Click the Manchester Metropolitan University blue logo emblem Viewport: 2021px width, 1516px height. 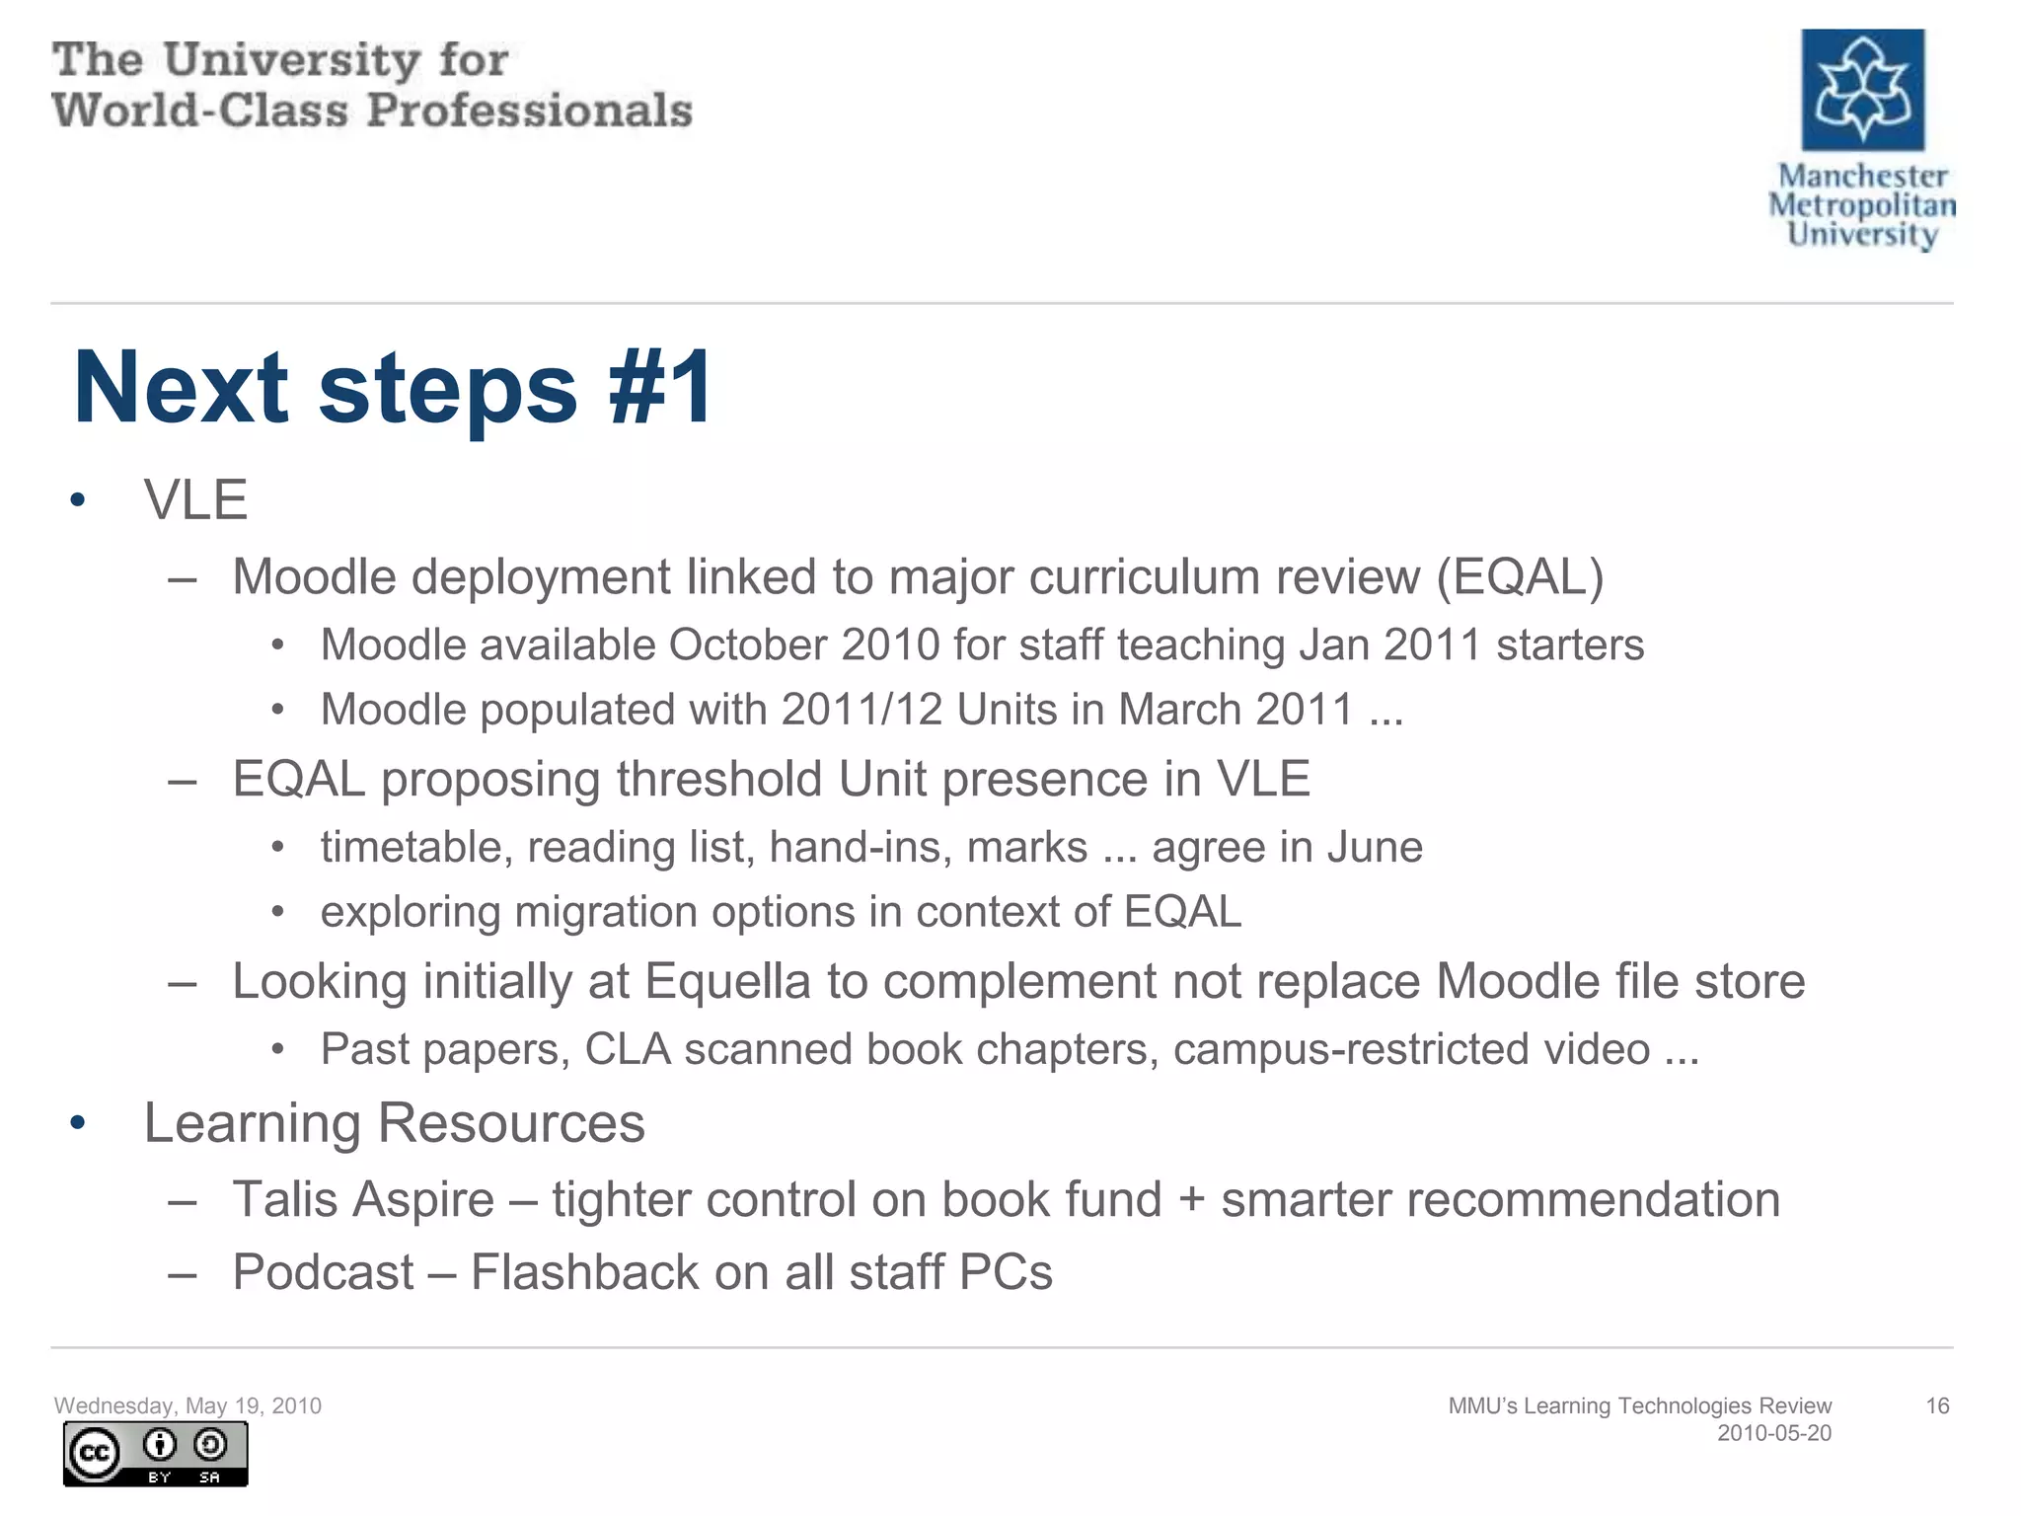[1862, 90]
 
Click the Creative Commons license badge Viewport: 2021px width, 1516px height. [156, 1453]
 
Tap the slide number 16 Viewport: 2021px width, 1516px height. [1937, 1405]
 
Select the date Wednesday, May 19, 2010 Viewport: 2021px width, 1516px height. [187, 1405]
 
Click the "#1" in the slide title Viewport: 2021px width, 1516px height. [660, 388]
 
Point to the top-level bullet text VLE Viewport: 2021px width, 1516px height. [195, 499]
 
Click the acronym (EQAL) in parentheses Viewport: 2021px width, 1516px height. [1520, 576]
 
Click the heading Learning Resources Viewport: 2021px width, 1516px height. [394, 1123]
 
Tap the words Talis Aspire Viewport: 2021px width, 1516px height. [363, 1199]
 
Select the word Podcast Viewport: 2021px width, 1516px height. [323, 1271]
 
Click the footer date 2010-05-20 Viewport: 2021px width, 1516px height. [1773, 1433]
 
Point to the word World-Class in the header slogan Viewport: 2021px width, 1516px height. [200, 110]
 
